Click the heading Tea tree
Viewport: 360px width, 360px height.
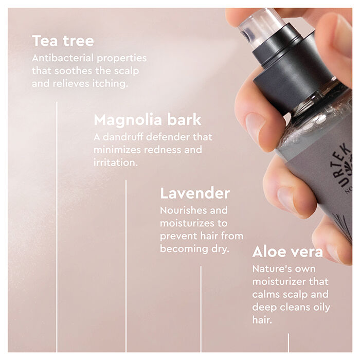pos(63,41)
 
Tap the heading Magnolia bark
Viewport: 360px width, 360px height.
pos(147,120)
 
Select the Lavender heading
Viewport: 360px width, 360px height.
pos(194,193)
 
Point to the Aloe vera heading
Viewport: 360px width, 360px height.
pos(287,252)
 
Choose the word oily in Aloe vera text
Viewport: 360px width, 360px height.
pos(320,307)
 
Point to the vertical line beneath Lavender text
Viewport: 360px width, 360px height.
pos(201,309)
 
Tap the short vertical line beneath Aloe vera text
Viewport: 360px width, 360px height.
pos(288,342)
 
